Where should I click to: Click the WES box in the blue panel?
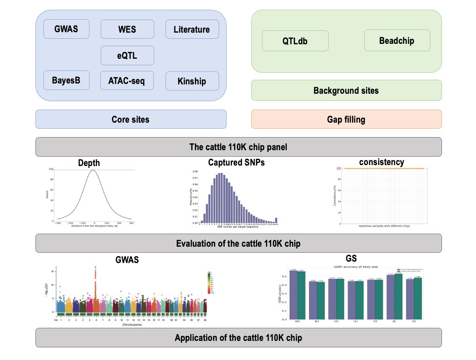[x=127, y=29]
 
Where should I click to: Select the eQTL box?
[x=127, y=55]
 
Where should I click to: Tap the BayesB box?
[x=66, y=81]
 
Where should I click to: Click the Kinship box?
[x=192, y=81]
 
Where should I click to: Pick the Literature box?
[x=192, y=29]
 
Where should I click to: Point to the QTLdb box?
[x=295, y=41]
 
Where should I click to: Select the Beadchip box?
[x=396, y=40]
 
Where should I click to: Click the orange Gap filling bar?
[x=346, y=119]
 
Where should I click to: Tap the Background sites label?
[x=346, y=90]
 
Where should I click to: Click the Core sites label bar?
[x=131, y=119]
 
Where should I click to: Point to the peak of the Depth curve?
[x=94, y=171]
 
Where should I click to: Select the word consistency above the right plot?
[x=381, y=162]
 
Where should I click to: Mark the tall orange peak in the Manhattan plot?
[x=96, y=280]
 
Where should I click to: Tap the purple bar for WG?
[x=294, y=295]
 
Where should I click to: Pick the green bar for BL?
[x=398, y=297]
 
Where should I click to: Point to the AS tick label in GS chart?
[x=413, y=322]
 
